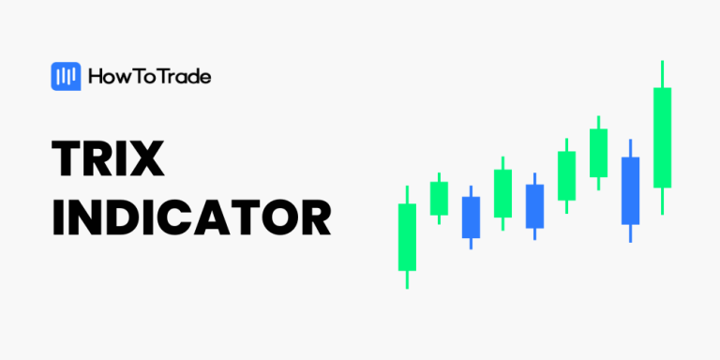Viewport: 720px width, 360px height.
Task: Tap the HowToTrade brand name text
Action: pyautogui.click(x=149, y=77)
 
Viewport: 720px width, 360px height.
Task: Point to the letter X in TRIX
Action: pyautogui.click(x=146, y=161)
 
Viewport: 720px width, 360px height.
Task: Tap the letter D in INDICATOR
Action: pyautogui.click(x=123, y=217)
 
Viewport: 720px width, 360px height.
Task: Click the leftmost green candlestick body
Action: pyautogui.click(x=407, y=237)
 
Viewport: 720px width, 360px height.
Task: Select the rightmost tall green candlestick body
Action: pyautogui.click(x=662, y=138)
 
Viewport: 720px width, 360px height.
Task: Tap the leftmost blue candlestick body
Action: pyautogui.click(x=471, y=217)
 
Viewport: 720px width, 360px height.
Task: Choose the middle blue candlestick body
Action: pyautogui.click(x=534, y=206)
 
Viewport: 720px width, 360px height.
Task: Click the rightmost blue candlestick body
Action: pyautogui.click(x=630, y=190)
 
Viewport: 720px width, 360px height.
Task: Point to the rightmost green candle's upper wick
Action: pyautogui.click(x=662, y=74)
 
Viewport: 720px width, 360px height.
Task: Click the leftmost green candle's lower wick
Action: pyautogui.click(x=407, y=279)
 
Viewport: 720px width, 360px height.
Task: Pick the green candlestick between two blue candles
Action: pyautogui.click(x=502, y=193)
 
